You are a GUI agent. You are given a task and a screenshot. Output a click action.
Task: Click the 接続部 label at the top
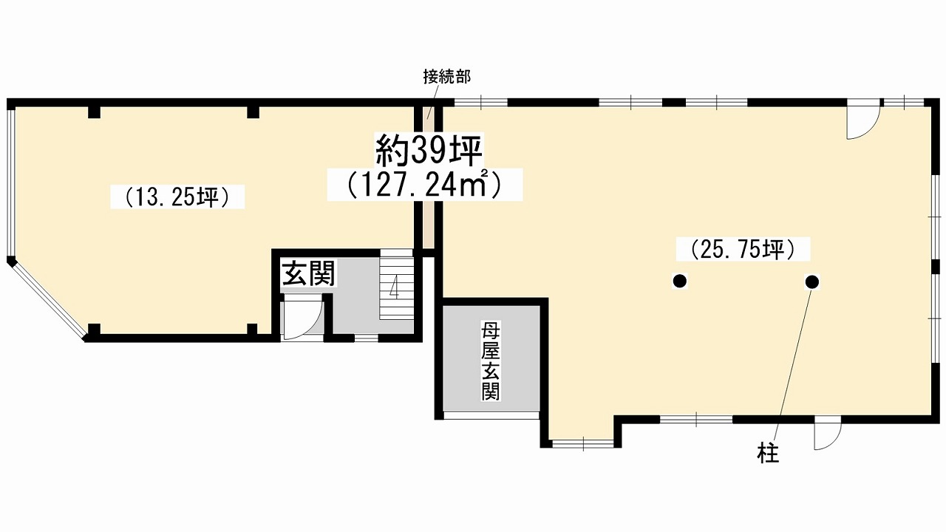[447, 77]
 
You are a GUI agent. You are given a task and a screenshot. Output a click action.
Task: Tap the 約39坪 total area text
[429, 151]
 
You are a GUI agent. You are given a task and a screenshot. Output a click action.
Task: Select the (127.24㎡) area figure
[425, 185]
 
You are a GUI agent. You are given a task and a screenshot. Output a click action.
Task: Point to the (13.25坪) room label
[177, 197]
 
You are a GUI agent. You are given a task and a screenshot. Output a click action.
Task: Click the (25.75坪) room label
[743, 249]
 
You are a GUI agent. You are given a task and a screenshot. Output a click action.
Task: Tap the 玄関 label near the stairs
[309, 273]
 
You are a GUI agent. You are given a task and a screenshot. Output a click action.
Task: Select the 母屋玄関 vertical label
[490, 361]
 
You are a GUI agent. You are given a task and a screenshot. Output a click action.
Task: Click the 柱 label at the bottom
[768, 454]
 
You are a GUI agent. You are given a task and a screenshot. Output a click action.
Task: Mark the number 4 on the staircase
[395, 287]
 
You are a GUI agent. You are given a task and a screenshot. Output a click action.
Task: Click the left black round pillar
[679, 281]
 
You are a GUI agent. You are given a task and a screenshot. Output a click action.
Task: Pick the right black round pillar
[812, 282]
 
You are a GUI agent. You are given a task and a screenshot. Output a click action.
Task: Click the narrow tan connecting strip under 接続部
[428, 177]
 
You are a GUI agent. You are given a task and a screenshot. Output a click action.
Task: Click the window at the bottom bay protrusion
[583, 444]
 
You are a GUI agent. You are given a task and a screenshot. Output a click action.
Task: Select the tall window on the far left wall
[11, 183]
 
